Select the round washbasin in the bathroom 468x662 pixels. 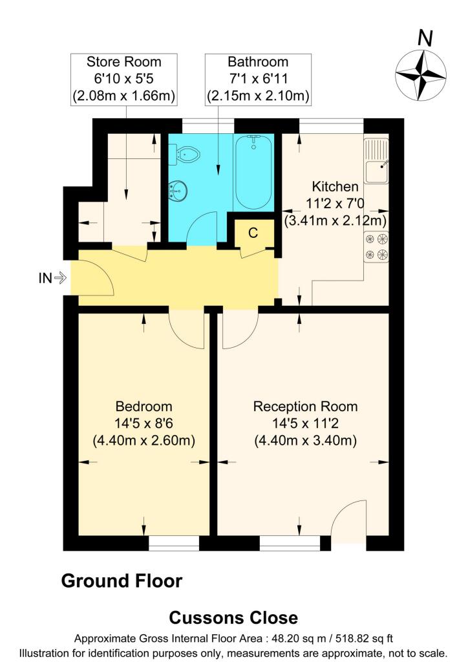(178, 191)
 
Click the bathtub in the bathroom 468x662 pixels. (253, 171)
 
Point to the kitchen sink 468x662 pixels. (376, 164)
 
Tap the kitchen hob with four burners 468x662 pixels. (376, 246)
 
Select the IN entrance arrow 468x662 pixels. (52, 279)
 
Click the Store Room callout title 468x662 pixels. (124, 62)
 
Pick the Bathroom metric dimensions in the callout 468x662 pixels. (258, 97)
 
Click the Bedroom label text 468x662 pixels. (144, 407)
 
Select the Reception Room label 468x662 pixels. (305, 407)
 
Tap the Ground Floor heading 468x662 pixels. (122, 581)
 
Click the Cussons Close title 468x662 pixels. (233, 617)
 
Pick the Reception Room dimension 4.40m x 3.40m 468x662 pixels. (305, 442)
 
